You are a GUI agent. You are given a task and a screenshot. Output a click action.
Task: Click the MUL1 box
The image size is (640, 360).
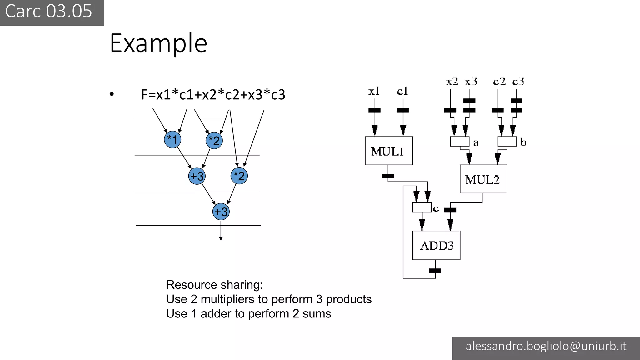point(388,151)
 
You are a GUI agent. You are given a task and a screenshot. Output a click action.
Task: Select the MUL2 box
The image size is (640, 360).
point(483,179)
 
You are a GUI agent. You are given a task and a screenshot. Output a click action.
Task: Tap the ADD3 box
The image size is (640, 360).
point(436,245)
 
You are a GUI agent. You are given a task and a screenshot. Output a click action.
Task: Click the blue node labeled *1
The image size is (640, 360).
point(172,139)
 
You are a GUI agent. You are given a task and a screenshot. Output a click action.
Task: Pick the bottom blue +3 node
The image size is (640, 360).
point(221,212)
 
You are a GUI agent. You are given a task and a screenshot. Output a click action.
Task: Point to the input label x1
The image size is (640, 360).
point(374,91)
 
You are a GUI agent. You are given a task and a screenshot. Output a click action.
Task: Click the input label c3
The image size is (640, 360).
point(518,82)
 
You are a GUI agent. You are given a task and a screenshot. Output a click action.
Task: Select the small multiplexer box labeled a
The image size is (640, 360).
point(460,142)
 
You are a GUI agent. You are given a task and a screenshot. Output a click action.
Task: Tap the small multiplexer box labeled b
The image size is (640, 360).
point(507,142)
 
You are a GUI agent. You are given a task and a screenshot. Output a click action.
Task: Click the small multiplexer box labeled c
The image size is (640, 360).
point(422,208)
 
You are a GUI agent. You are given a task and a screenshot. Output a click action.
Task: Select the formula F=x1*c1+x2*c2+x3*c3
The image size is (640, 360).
point(213,95)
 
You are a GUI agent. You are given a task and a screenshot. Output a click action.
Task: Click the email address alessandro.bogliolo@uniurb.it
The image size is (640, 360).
point(546,346)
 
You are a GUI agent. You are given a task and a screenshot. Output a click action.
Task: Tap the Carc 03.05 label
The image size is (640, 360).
point(49,11)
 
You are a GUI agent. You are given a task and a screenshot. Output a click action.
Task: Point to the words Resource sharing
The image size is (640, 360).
point(214,285)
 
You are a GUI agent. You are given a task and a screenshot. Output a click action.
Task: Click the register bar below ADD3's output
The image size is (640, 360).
point(435,271)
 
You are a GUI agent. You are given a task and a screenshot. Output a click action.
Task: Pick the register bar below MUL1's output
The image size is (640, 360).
point(388,176)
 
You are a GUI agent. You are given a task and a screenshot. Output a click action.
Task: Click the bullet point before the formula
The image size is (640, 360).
point(112,94)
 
